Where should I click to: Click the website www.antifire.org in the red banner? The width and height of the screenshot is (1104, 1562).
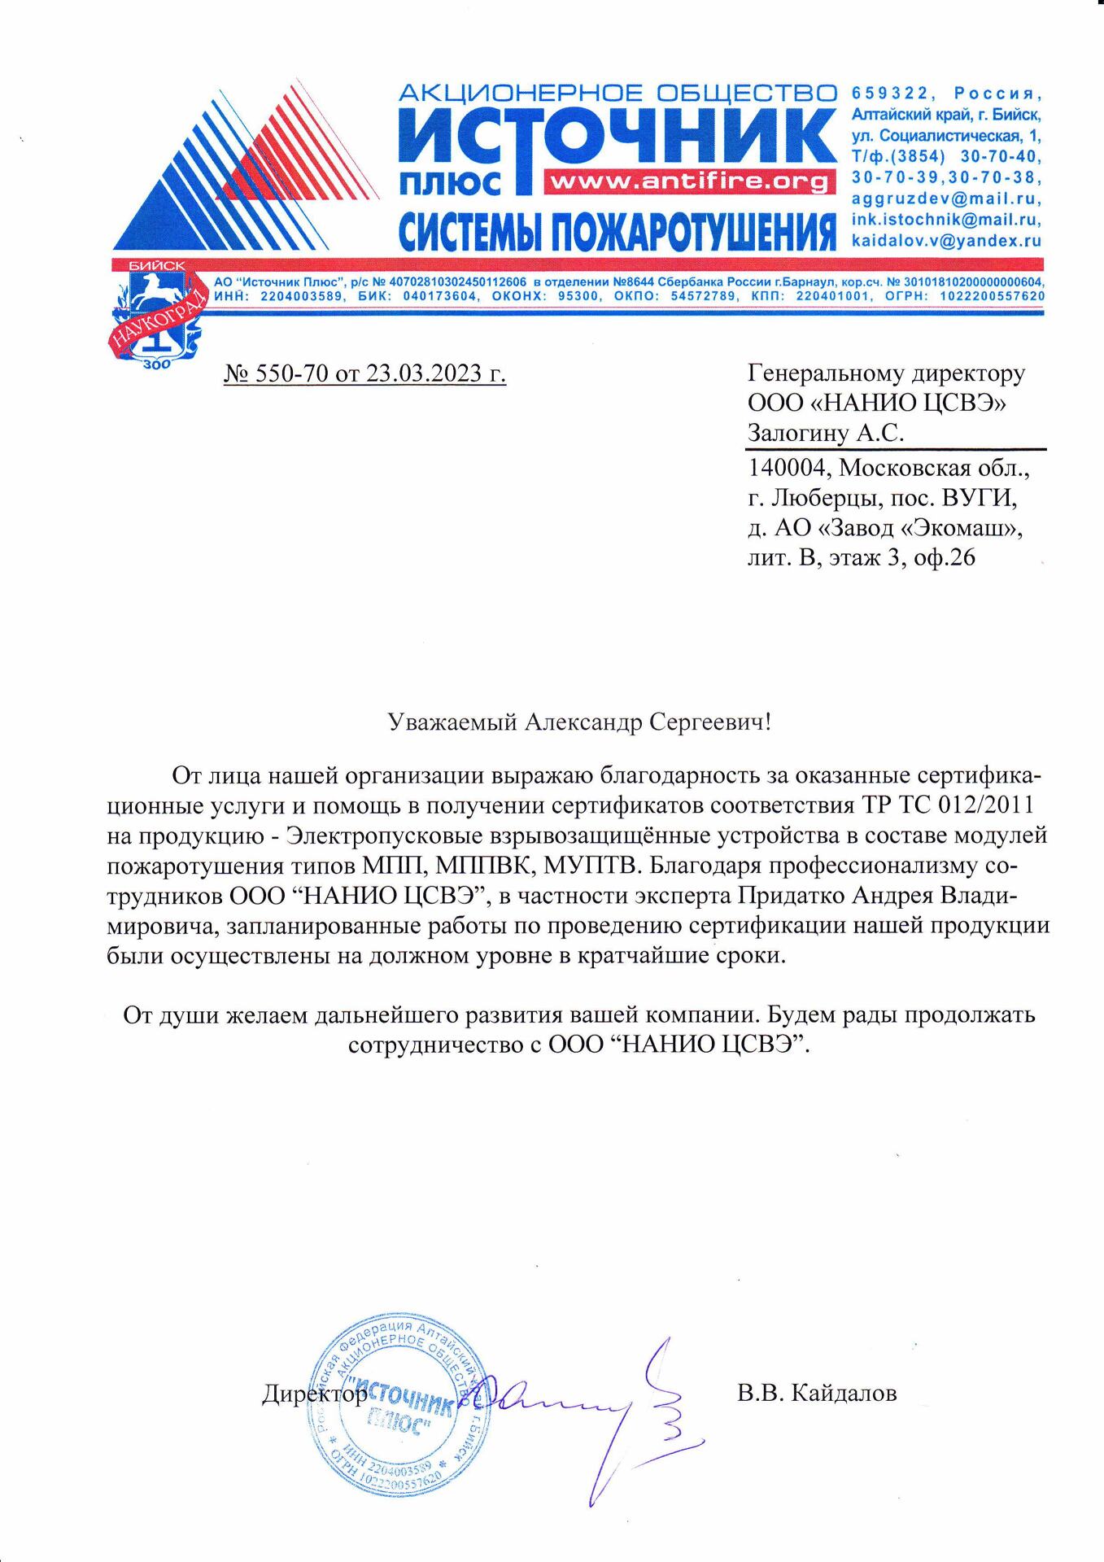click(687, 181)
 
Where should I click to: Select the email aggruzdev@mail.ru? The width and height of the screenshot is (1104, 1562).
click(946, 199)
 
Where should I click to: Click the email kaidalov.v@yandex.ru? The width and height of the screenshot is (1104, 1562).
click(946, 241)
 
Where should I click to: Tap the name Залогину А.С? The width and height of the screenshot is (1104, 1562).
click(826, 434)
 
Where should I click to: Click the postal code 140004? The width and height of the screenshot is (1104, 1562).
click(788, 469)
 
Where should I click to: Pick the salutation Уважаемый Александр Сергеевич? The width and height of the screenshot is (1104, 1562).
click(578, 722)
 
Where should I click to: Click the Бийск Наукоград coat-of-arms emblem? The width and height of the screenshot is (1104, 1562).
click(155, 313)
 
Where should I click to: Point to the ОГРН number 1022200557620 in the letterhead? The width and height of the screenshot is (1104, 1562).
click(992, 296)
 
